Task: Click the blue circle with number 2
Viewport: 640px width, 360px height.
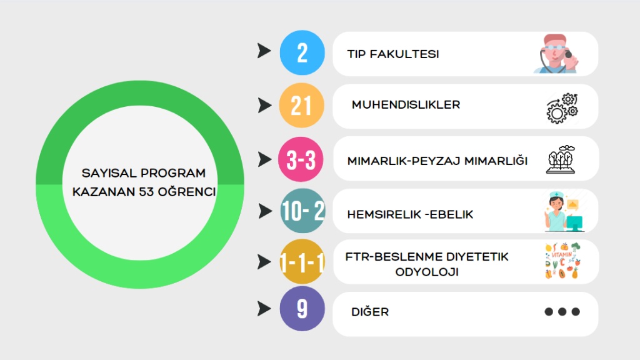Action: tap(302, 53)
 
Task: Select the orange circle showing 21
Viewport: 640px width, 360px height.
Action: tap(302, 106)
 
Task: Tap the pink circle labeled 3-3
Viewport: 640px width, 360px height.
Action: tap(302, 159)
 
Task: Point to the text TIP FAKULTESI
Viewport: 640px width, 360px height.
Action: tap(393, 54)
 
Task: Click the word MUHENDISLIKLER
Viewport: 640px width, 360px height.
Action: tap(406, 104)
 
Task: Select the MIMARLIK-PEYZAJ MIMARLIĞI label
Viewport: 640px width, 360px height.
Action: tap(437, 161)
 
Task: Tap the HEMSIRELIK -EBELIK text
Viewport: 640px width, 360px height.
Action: tap(410, 214)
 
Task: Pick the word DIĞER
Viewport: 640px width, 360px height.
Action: tap(370, 311)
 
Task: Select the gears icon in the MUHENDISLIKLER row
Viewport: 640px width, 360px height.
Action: tap(562, 107)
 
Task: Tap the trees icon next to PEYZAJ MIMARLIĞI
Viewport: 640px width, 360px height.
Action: tap(561, 160)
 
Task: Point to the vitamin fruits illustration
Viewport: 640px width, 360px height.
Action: tap(562, 261)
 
